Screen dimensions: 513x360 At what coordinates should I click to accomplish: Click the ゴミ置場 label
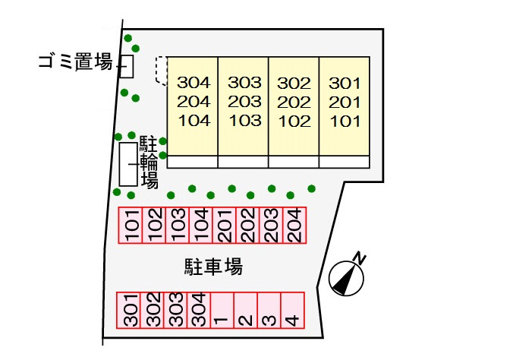point(76,62)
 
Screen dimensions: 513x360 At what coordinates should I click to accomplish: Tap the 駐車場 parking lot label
point(213,267)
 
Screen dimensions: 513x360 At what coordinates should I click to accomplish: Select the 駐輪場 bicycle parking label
point(149,162)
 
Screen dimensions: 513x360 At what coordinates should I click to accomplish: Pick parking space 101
point(131,226)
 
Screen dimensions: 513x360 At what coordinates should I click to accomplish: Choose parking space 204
point(294,226)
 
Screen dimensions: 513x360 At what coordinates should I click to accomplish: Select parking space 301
point(128,310)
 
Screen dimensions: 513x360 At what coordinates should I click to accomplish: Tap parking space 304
point(199,310)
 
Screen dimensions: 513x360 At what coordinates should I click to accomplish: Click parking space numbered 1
point(222,310)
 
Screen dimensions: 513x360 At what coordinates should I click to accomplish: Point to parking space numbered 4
point(293,310)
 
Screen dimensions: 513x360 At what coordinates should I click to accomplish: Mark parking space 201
point(225,226)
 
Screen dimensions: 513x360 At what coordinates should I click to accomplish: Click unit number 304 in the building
point(194,83)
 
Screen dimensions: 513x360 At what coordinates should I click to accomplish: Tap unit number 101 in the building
point(345,122)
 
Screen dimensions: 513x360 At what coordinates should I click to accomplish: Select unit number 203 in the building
point(244,102)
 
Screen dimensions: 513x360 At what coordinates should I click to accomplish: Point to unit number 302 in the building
point(294,84)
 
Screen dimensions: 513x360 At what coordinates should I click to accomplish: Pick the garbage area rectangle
point(127,67)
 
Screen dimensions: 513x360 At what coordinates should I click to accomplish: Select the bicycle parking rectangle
point(128,164)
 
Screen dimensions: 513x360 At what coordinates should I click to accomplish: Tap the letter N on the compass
point(360,258)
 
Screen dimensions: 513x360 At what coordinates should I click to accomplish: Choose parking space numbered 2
point(246,310)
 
